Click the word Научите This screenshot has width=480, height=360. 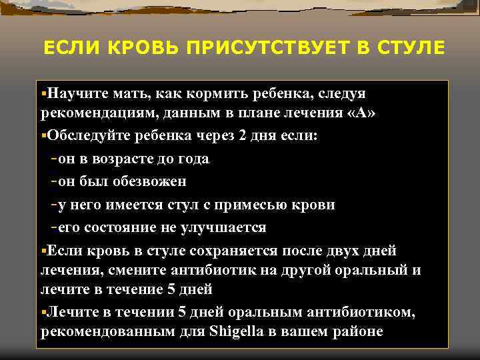73,93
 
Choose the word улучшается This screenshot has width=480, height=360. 223,227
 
